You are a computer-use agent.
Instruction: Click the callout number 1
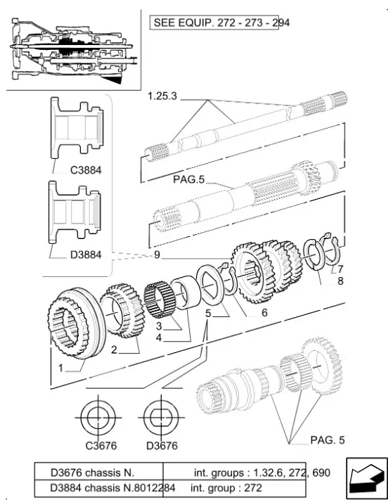pyautogui.click(x=60, y=368)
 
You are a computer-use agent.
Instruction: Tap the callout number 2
pyautogui.click(x=114, y=349)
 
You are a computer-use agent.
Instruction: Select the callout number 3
pyautogui.click(x=159, y=326)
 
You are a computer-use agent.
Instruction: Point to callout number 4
pyautogui.click(x=159, y=337)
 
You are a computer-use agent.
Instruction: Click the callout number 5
pyautogui.click(x=208, y=313)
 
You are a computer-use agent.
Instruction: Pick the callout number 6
pyautogui.click(x=264, y=312)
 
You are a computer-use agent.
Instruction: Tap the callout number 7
pyautogui.click(x=340, y=269)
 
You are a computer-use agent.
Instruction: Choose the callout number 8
pyautogui.click(x=340, y=281)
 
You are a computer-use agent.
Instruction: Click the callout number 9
pyautogui.click(x=157, y=255)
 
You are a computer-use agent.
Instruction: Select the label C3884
pyautogui.click(x=86, y=170)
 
